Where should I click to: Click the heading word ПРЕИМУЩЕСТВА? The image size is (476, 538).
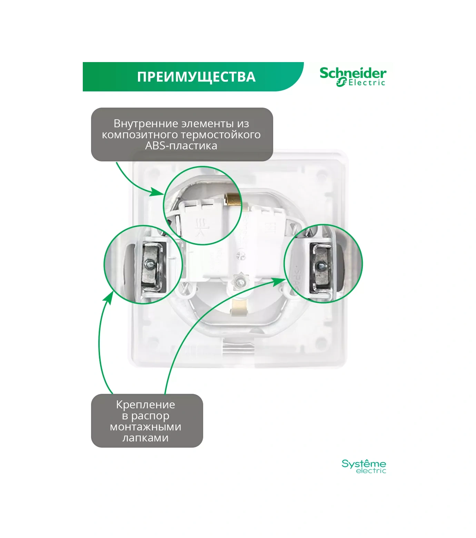point(196,77)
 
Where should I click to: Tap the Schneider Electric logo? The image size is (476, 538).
point(353,77)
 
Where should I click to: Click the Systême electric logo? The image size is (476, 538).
point(364,466)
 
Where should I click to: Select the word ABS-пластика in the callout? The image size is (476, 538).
point(181,146)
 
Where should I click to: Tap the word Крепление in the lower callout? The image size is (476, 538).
point(145,405)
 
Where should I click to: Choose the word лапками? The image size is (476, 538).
point(145,438)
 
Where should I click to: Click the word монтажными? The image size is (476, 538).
point(145,427)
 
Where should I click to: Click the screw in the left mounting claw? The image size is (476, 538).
point(150,265)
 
